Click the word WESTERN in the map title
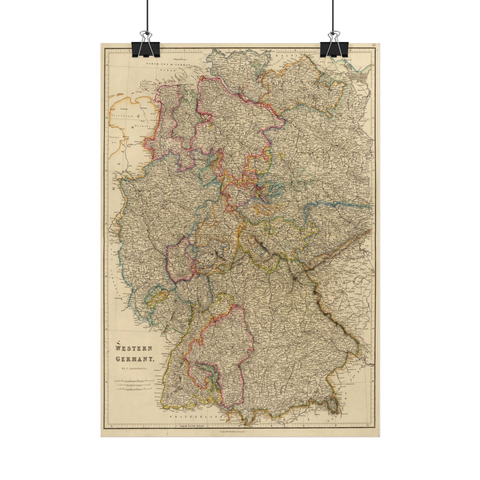point(134,349)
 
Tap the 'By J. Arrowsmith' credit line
point(134,368)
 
